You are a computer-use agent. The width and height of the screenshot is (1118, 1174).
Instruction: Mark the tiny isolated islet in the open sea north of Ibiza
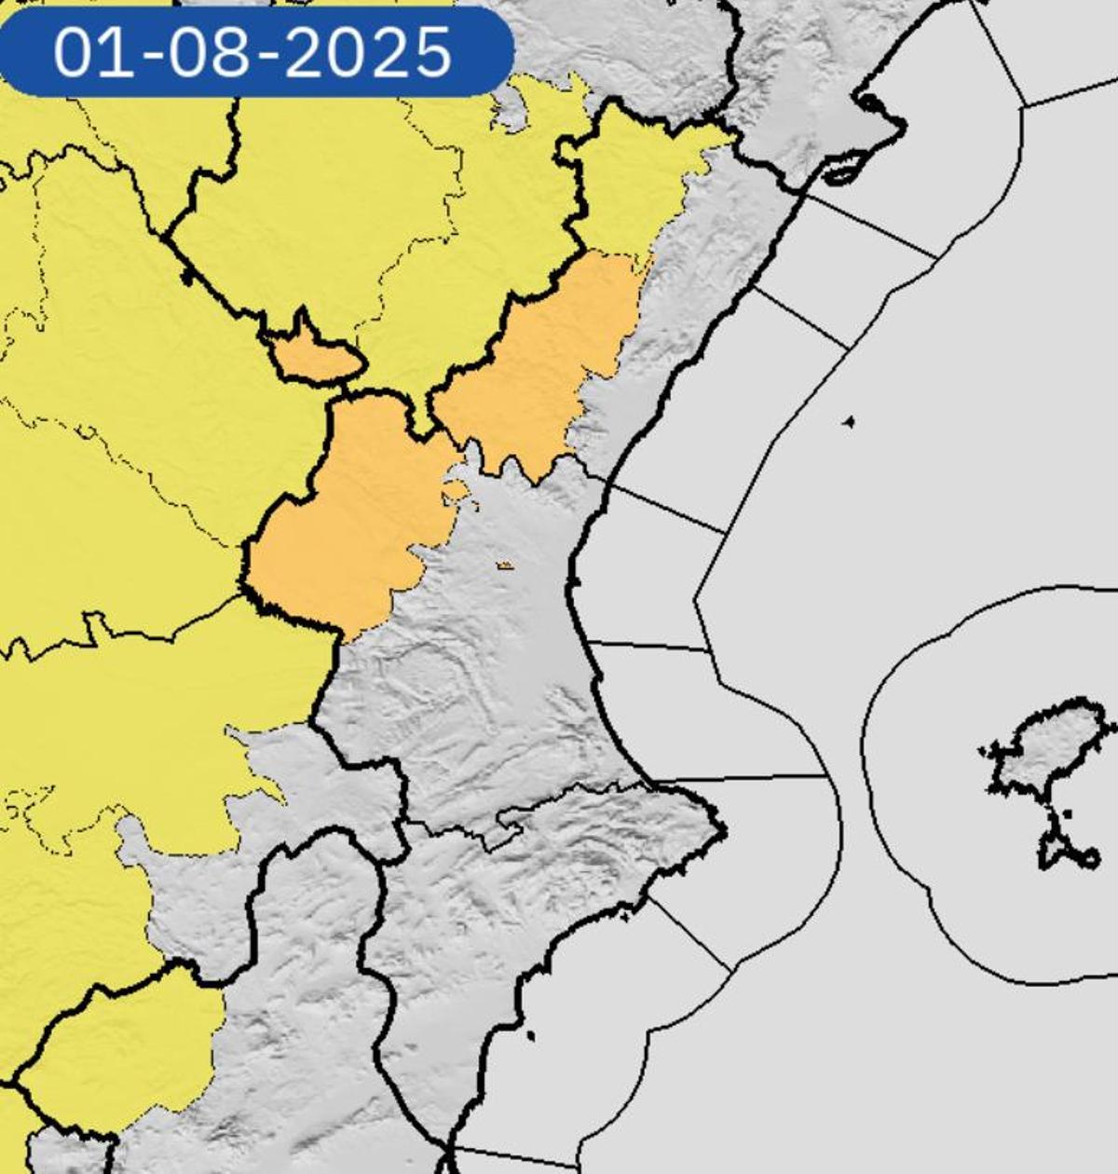[x=849, y=422]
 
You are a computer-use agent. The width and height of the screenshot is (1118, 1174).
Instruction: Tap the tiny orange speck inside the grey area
[x=505, y=565]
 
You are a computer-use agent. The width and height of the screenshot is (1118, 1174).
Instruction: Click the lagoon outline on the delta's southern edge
[x=842, y=173]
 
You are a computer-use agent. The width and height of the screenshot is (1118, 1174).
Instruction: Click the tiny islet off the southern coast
[x=531, y=1035]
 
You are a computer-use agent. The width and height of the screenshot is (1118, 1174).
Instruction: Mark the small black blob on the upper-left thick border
[x=189, y=276]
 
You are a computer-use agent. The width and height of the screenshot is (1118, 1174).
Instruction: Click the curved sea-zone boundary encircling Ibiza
[x=866, y=745]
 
